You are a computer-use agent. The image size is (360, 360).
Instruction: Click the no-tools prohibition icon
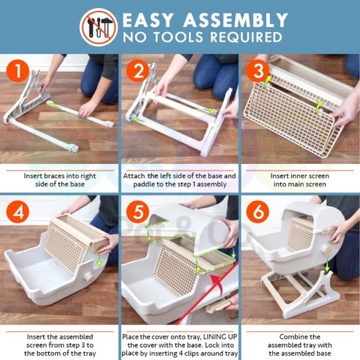tap(99, 27)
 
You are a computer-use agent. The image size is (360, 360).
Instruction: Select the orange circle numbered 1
tap(18, 71)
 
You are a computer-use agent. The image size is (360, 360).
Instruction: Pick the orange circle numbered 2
tap(138, 71)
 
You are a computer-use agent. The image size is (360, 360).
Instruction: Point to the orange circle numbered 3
tap(257, 71)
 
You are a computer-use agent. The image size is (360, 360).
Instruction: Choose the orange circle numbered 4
tap(18, 211)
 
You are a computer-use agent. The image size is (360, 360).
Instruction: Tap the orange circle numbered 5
tap(138, 211)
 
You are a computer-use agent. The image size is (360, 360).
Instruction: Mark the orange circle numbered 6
tap(257, 211)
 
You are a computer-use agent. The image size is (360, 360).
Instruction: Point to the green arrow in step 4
tap(99, 260)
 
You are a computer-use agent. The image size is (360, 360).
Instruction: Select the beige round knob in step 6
tap(327, 250)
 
